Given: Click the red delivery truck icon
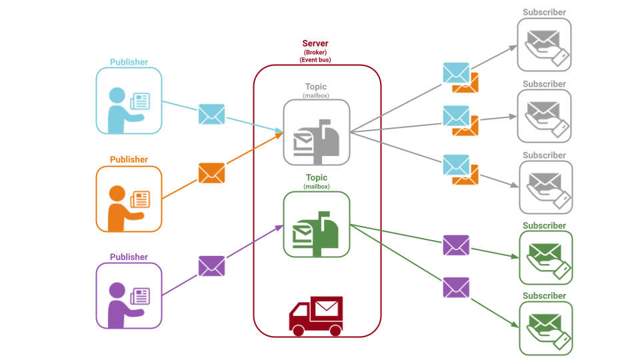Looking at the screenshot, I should [x=315, y=316].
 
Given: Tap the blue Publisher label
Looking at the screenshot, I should [x=129, y=62].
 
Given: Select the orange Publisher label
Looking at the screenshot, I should [x=129, y=159].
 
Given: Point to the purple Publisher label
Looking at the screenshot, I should [x=129, y=257].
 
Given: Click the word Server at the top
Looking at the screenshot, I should [x=315, y=43].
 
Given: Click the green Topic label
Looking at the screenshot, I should [x=317, y=177].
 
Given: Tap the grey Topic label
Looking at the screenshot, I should [x=317, y=87].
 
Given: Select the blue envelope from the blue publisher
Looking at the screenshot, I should [x=212, y=114].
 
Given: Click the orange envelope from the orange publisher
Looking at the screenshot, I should [x=212, y=173].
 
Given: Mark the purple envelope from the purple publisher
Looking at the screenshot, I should [x=212, y=266].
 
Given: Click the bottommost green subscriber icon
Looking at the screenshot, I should [x=545, y=328].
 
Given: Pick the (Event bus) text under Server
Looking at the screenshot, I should [x=315, y=59].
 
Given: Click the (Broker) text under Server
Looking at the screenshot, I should [x=315, y=52].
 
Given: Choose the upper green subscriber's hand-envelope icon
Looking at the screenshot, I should [x=545, y=257].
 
